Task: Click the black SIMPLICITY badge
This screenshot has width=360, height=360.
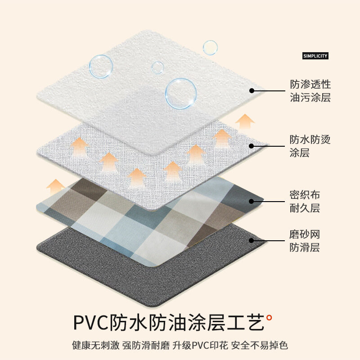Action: click(x=315, y=56)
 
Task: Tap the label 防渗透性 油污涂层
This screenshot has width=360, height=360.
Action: click(x=310, y=90)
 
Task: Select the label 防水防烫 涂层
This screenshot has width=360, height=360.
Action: click(x=310, y=146)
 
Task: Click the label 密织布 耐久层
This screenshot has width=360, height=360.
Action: click(x=305, y=202)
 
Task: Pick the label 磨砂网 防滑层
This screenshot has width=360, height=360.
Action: click(x=305, y=241)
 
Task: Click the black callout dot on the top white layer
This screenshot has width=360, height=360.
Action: click(x=252, y=90)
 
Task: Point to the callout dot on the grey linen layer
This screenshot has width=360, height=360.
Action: click(x=252, y=146)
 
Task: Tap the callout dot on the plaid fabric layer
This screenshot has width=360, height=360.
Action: click(x=252, y=202)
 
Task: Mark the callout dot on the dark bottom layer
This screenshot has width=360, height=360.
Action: click(x=252, y=241)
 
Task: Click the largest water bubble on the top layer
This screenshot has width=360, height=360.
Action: click(x=181, y=94)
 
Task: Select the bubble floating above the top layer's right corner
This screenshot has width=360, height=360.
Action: click(x=210, y=48)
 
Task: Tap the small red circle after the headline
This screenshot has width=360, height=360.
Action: click(x=269, y=318)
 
